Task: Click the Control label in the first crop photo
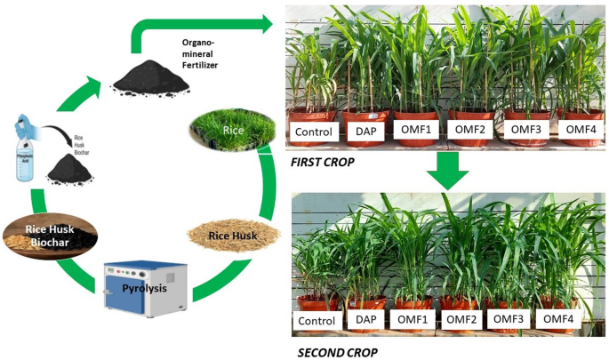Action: point(313,133)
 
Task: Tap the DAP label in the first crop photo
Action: point(365,132)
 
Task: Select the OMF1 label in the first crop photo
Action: point(416,130)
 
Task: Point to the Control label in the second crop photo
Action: point(317,321)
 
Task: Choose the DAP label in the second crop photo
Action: point(365,320)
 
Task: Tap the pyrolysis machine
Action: point(146,294)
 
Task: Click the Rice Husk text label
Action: point(234,236)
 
